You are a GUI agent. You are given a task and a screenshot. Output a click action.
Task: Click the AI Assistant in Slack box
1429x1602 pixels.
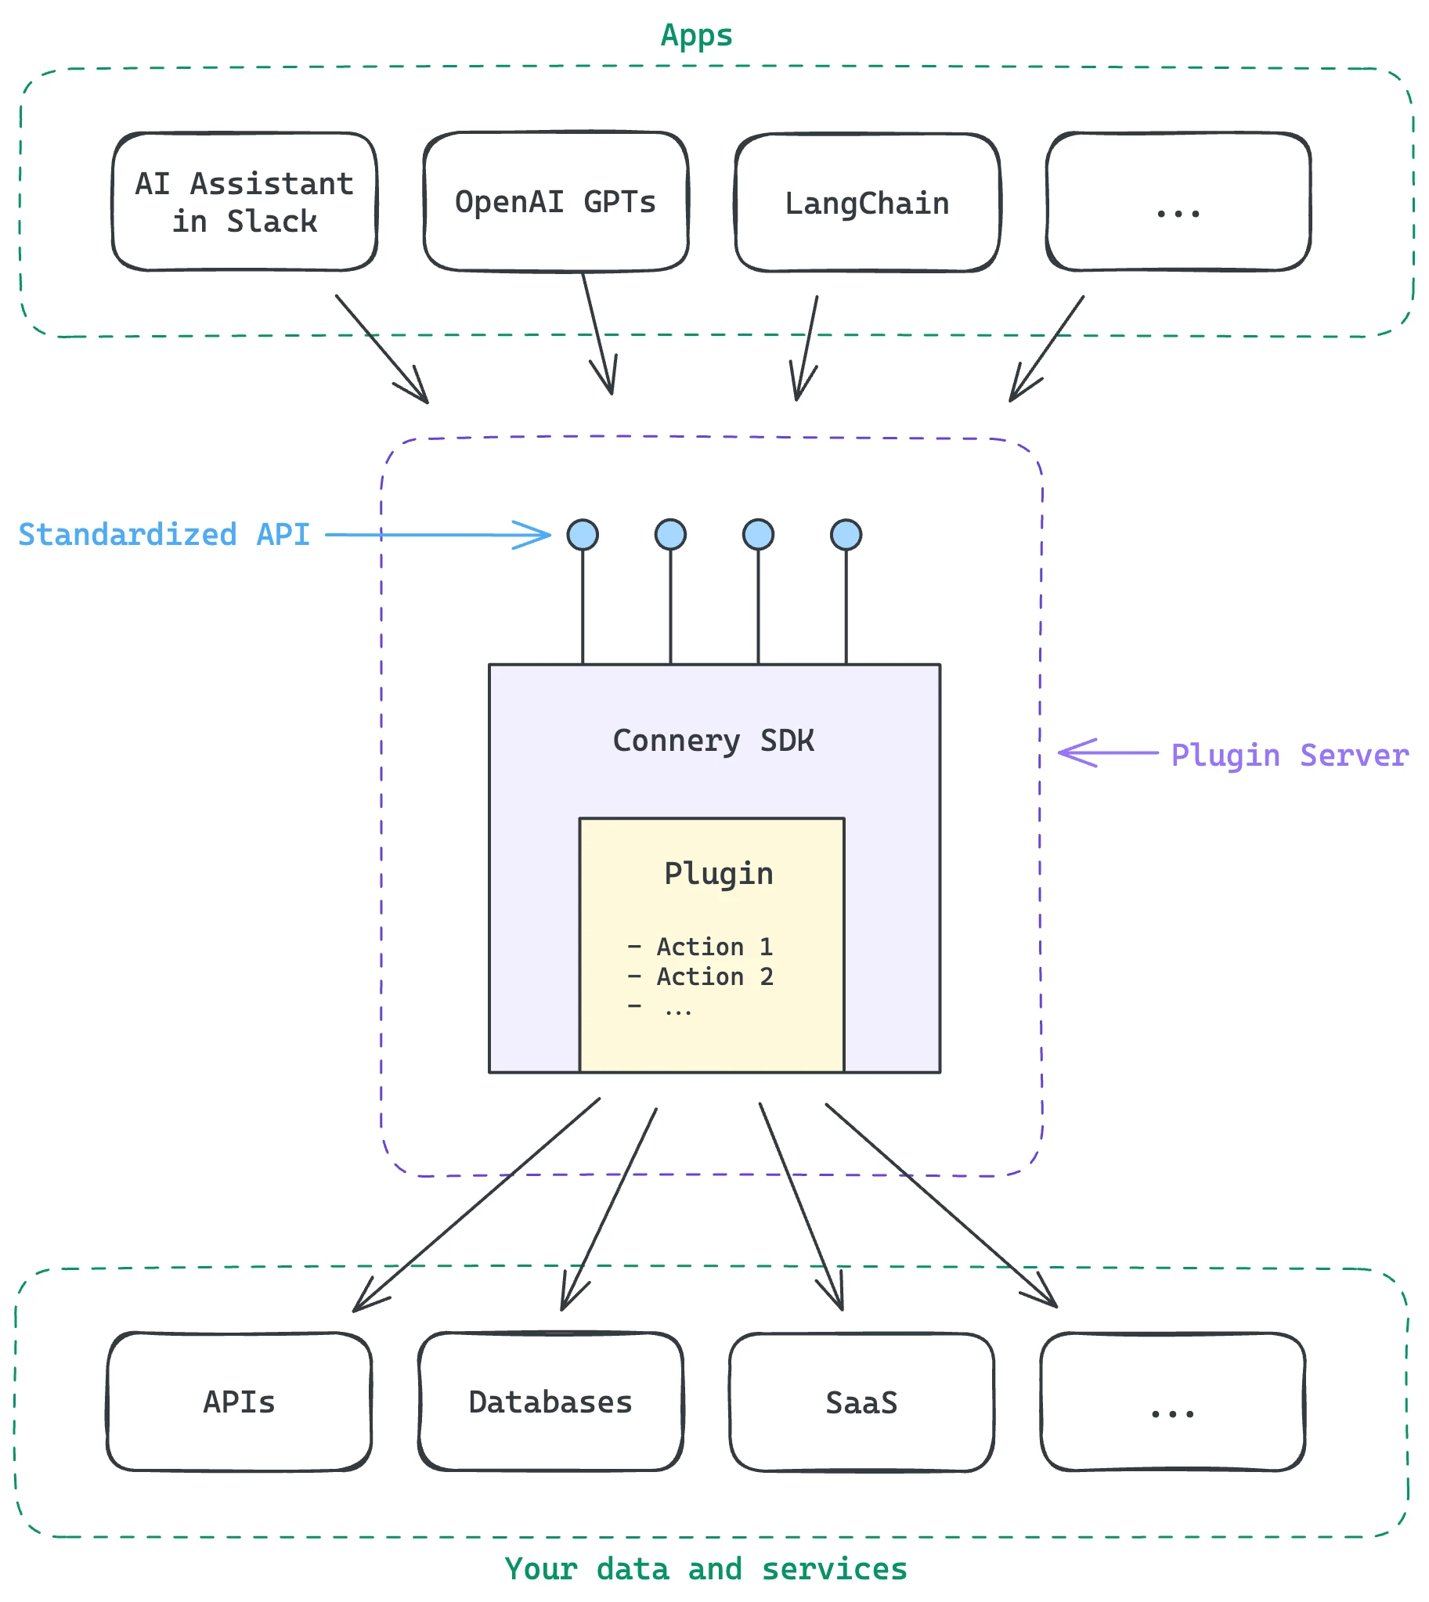(x=244, y=202)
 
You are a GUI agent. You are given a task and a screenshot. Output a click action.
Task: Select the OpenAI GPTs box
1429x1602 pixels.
(x=556, y=202)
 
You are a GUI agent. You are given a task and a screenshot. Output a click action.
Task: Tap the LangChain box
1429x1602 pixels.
(x=868, y=203)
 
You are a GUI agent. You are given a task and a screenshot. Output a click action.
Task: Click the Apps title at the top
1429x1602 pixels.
(x=696, y=36)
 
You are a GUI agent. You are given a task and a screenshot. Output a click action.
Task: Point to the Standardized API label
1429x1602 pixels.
(x=164, y=535)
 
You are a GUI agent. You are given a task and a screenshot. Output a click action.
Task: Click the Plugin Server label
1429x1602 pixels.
(x=1290, y=756)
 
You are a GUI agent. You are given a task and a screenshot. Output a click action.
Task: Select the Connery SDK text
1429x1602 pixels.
(x=713, y=741)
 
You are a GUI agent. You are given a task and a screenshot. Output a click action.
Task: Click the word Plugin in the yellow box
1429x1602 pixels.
(x=719, y=874)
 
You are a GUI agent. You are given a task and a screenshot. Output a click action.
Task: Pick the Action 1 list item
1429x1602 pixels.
(x=700, y=947)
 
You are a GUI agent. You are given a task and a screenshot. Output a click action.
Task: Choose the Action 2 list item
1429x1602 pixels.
(x=700, y=977)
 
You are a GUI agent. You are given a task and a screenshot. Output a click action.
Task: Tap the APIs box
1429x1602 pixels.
(x=240, y=1402)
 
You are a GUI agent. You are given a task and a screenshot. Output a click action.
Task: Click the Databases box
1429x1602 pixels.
(x=550, y=1402)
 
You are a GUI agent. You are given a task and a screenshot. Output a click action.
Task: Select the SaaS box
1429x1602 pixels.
(x=861, y=1403)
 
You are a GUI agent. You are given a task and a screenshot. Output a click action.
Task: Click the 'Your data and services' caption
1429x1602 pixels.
(x=705, y=1569)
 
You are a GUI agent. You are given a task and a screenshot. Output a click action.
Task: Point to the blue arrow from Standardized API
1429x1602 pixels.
(x=438, y=535)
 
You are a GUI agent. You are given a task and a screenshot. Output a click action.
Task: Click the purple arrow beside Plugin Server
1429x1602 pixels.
(x=1108, y=753)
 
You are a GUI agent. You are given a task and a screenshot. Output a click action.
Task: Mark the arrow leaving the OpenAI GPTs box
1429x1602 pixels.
(x=598, y=333)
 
